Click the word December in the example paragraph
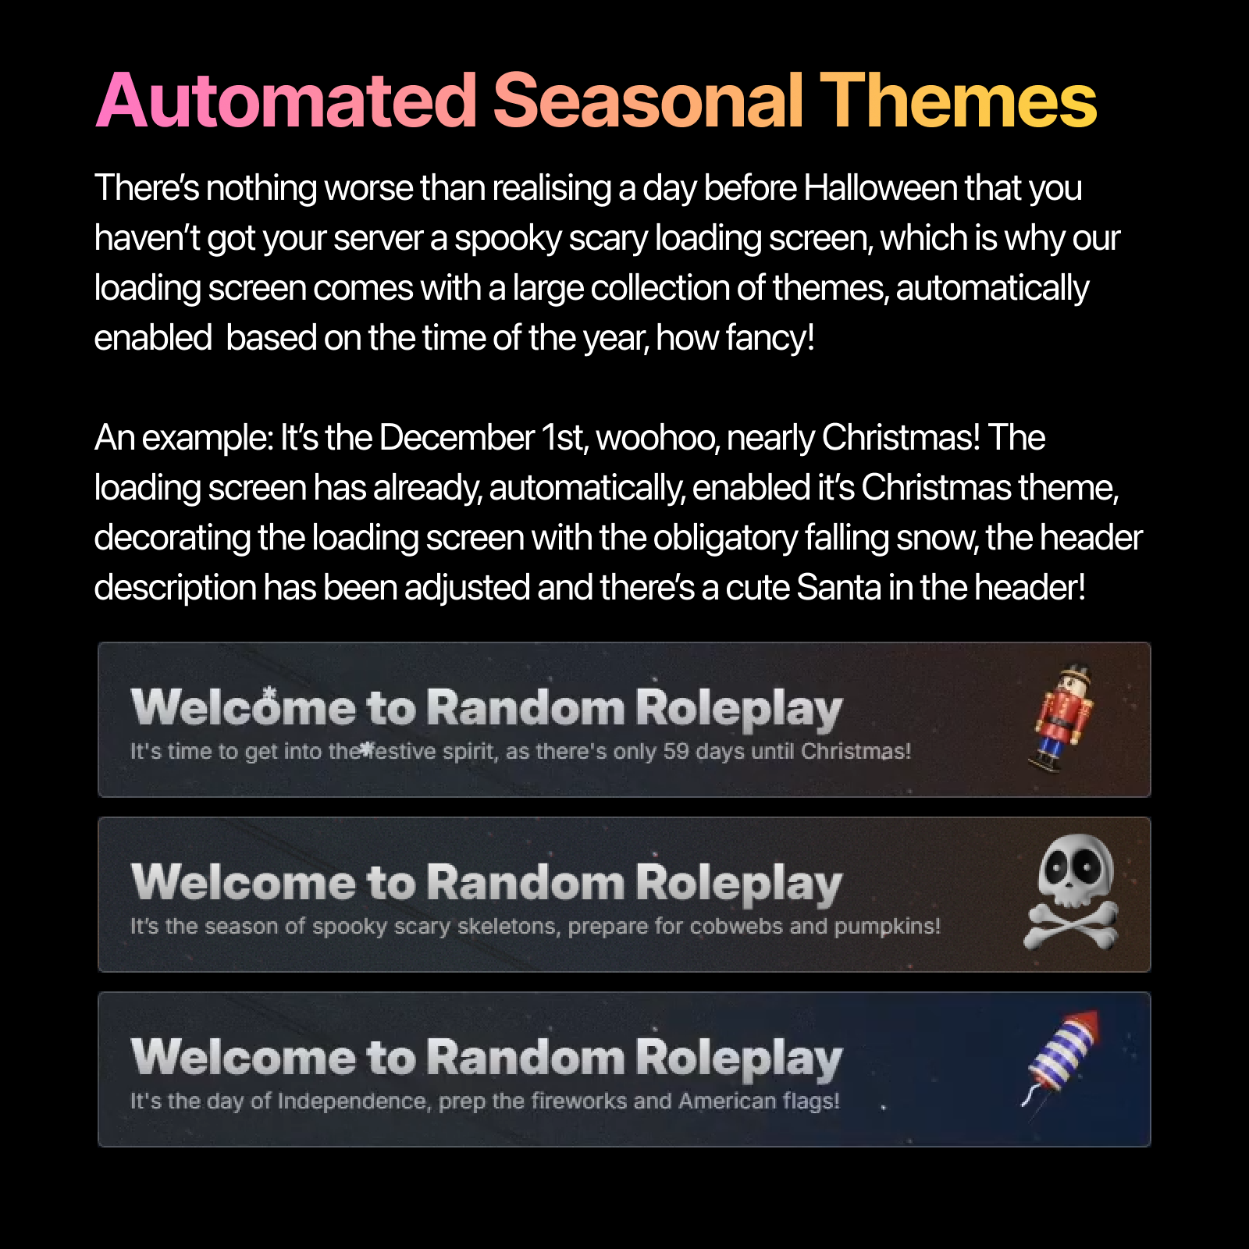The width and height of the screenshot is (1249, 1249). click(457, 438)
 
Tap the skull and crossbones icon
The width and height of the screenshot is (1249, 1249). click(1071, 892)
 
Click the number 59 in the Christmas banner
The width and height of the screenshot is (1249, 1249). click(676, 751)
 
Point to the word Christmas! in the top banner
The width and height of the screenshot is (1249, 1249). click(856, 751)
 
